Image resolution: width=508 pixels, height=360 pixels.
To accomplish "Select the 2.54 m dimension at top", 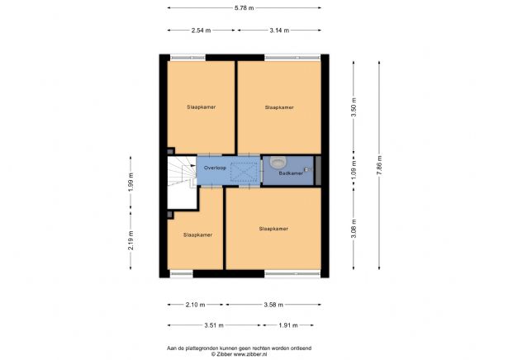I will pyautogui.click(x=201, y=30).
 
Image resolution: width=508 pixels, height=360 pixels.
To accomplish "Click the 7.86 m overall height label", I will pyautogui.click(x=379, y=164).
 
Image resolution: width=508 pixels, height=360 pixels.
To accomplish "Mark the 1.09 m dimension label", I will pyautogui.click(x=354, y=175).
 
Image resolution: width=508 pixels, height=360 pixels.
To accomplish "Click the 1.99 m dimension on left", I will pyautogui.click(x=130, y=180).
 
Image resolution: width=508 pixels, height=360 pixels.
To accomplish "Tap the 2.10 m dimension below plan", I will pyautogui.click(x=195, y=303).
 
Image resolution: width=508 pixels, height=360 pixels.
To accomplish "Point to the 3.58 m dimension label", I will pyautogui.click(x=273, y=303).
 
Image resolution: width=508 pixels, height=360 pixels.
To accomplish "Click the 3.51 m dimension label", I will pyautogui.click(x=213, y=324).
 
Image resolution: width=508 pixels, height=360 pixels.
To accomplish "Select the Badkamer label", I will pyautogui.click(x=289, y=173).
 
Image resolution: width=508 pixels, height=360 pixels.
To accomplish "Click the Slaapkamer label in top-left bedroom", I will pyautogui.click(x=201, y=107).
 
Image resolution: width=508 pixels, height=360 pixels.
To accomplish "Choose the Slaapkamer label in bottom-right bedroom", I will pyautogui.click(x=273, y=229).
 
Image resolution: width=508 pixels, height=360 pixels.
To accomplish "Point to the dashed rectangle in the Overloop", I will pyautogui.click(x=244, y=172).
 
